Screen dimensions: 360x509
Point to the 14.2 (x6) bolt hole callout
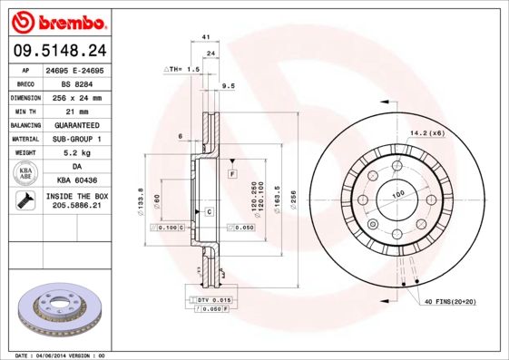coord(426,133)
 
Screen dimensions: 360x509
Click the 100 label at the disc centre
coord(396,195)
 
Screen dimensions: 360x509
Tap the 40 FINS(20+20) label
coord(448,300)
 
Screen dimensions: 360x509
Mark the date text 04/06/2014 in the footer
coord(58,355)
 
